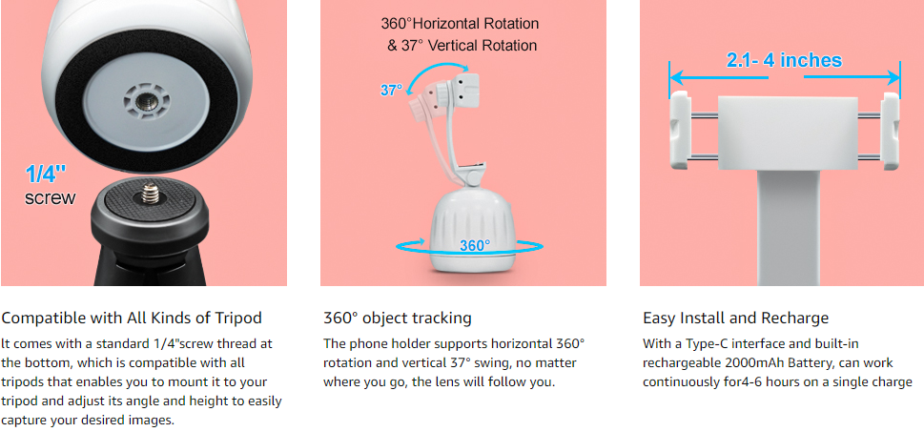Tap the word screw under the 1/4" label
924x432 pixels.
51,198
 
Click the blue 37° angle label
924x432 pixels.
391,91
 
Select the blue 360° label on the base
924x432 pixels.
475,245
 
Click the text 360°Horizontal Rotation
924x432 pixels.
460,24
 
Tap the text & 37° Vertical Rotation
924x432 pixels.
462,46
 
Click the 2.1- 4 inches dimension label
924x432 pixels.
785,60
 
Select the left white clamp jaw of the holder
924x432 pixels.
680,131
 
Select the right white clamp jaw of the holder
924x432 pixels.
890,131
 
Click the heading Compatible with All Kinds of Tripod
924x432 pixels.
132,319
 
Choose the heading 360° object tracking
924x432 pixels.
398,319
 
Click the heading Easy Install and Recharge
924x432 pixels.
735,319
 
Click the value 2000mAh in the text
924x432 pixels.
759,362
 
